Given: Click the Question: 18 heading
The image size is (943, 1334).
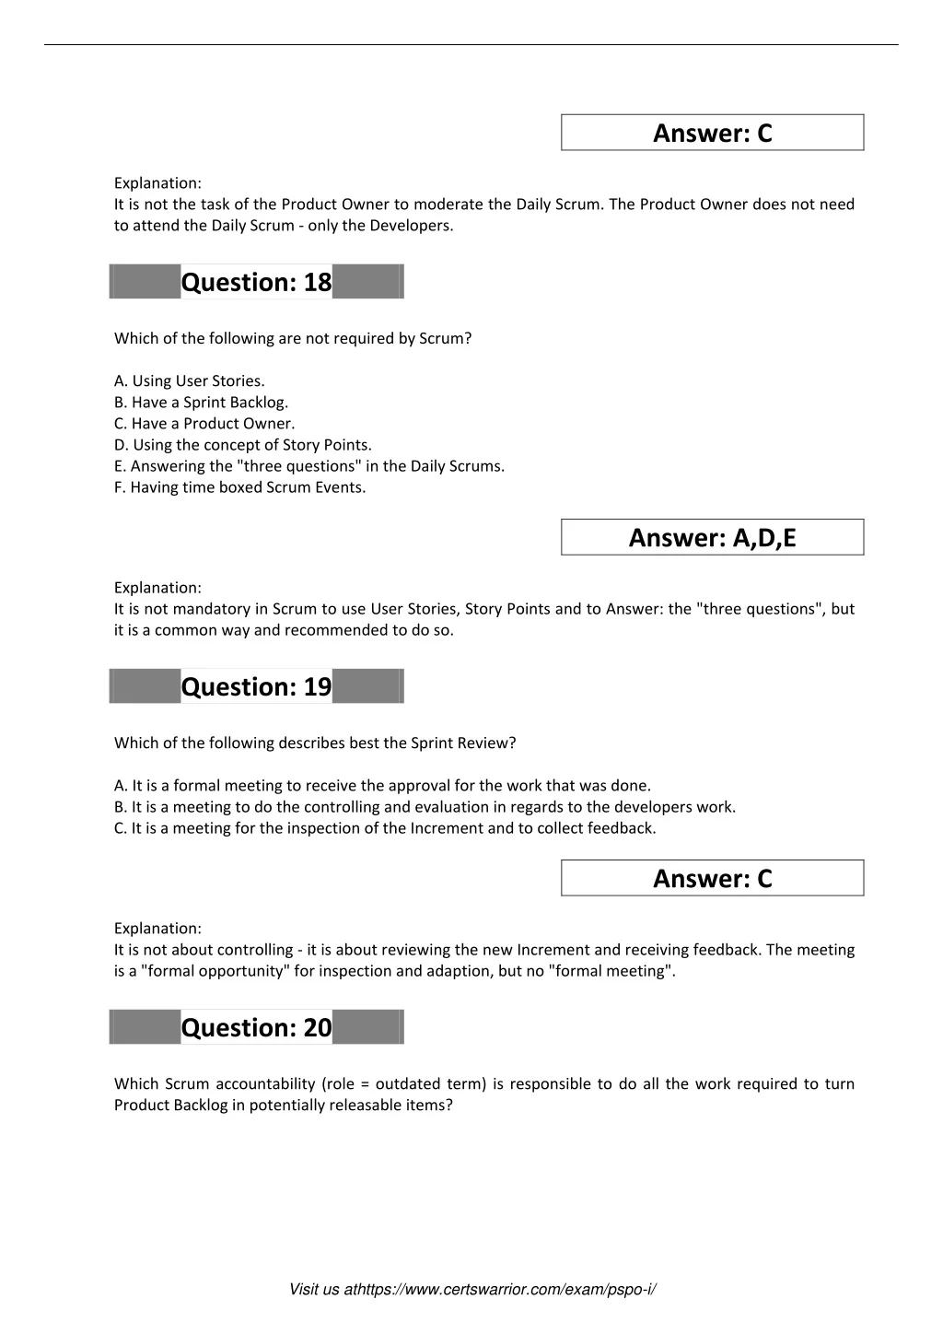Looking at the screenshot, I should tap(256, 282).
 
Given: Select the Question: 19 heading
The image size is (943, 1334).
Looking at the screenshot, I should tap(256, 686).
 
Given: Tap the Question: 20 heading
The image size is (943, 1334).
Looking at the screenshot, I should tap(256, 1027).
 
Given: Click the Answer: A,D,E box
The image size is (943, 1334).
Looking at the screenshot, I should tap(712, 538).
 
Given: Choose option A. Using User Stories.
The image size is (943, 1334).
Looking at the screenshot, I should tap(190, 381).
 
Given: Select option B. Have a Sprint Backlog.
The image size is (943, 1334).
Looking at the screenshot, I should tap(201, 403).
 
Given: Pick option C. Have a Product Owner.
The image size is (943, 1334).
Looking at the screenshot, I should tap(204, 424).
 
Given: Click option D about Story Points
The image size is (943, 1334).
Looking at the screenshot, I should tap(243, 445).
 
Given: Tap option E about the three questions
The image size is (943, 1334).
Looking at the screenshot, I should tap(309, 466).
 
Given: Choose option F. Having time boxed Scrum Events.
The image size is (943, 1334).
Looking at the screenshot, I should tap(239, 487).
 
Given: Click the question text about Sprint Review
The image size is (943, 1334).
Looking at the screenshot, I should tap(315, 743).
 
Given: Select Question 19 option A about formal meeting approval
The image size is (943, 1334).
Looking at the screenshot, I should tap(382, 786).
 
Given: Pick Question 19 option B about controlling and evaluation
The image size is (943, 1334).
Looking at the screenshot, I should tap(425, 807).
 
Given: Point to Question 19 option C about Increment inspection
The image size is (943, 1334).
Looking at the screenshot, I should tap(385, 828).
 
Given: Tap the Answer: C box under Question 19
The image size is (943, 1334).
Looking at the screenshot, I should tap(712, 879).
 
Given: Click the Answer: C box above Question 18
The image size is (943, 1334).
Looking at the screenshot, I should tap(712, 134).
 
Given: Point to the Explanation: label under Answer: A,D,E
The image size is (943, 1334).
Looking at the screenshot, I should tap(157, 588).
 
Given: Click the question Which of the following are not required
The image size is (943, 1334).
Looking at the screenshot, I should tap(293, 338).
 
